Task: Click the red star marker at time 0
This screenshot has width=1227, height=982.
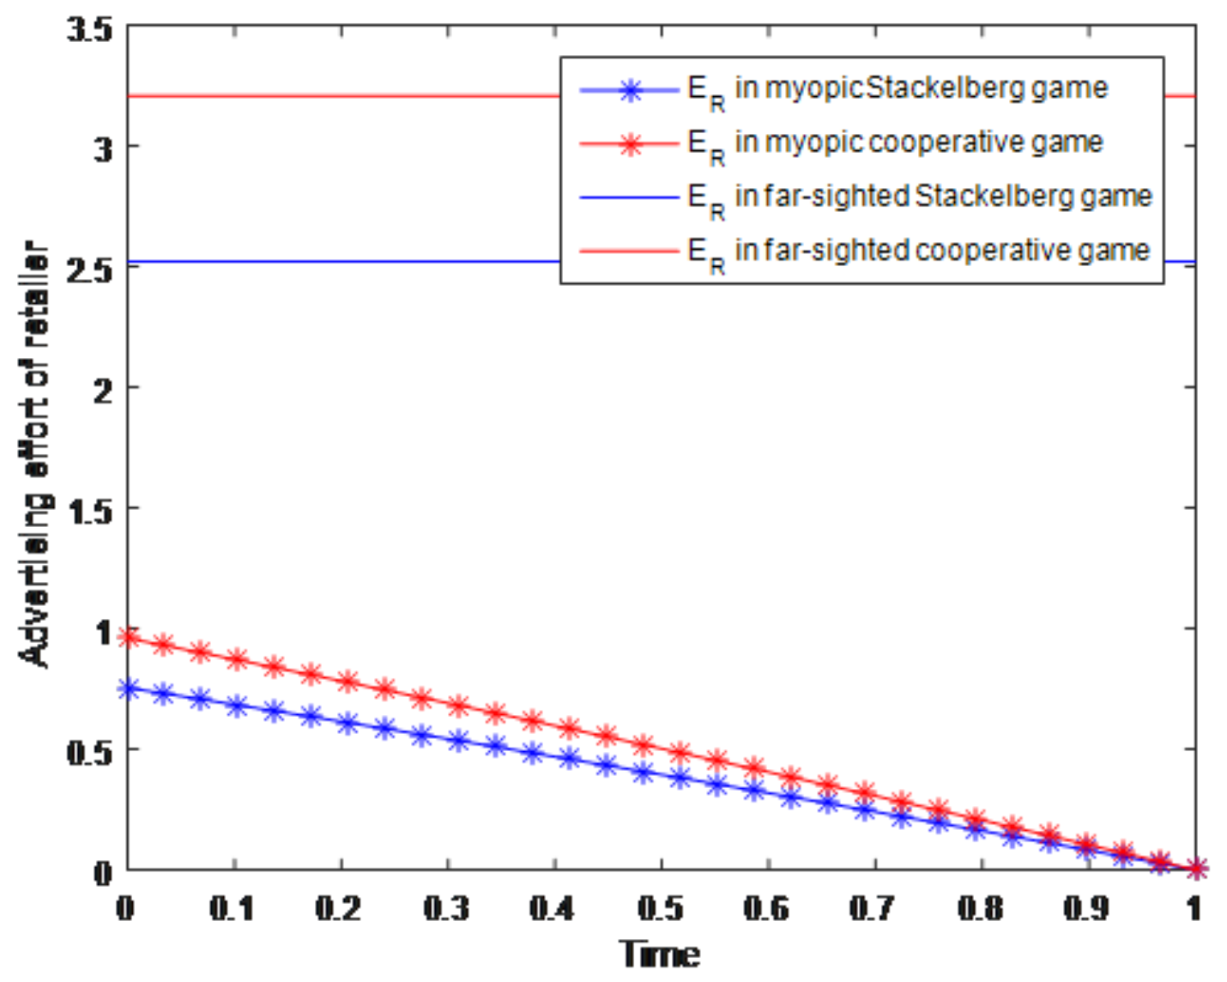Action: pyautogui.click(x=128, y=637)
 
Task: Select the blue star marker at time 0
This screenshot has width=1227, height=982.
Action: pyautogui.click(x=128, y=688)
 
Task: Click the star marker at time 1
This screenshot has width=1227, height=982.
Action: pyautogui.click(x=1194, y=869)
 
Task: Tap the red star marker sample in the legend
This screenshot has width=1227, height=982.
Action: pyautogui.click(x=631, y=143)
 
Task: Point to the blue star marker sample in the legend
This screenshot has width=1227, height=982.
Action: pyautogui.click(x=631, y=89)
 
